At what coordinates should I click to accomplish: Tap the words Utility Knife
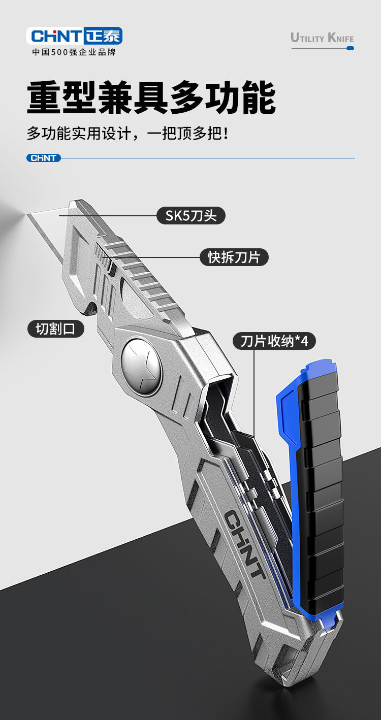[x=322, y=38]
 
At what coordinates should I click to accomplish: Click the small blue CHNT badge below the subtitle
[x=44, y=158]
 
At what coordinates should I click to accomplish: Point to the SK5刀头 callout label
[x=191, y=216]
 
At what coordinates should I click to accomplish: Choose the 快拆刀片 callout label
[x=234, y=257]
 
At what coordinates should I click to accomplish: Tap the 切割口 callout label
[x=55, y=329]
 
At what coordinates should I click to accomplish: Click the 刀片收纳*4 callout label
[x=274, y=341]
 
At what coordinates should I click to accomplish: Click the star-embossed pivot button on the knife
[x=141, y=367]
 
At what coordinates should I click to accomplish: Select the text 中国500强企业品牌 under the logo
[x=74, y=52]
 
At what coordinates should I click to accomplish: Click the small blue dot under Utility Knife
[x=350, y=48]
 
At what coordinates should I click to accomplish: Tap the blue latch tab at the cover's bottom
[x=330, y=623]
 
